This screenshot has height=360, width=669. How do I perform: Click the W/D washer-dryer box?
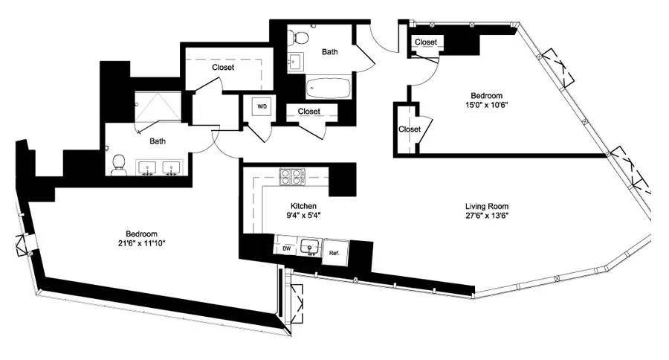[x=262, y=107]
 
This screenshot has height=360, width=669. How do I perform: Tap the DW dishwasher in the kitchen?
[x=286, y=248]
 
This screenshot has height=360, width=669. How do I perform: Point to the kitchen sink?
[x=309, y=247]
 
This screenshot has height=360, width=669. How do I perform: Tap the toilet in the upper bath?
[x=298, y=36]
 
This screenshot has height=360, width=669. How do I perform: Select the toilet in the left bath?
[x=118, y=164]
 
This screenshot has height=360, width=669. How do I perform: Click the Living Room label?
[x=487, y=206]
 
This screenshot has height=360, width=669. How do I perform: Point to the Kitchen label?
[x=303, y=206]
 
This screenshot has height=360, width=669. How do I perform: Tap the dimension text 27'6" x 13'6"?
[x=487, y=216]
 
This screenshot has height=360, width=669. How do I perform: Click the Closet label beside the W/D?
[x=308, y=112]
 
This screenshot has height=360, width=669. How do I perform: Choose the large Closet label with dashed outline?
[x=222, y=68]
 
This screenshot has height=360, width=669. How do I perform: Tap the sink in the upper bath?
[x=295, y=61]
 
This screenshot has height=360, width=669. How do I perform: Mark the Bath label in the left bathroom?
[x=157, y=141]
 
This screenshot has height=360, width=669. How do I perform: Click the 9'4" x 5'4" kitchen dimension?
[x=303, y=216]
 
